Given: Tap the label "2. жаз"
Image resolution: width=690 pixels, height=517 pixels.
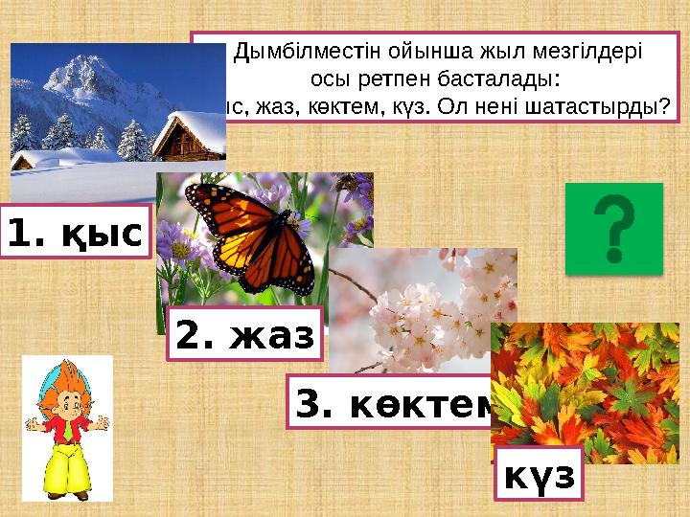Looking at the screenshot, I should (x=245, y=335).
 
